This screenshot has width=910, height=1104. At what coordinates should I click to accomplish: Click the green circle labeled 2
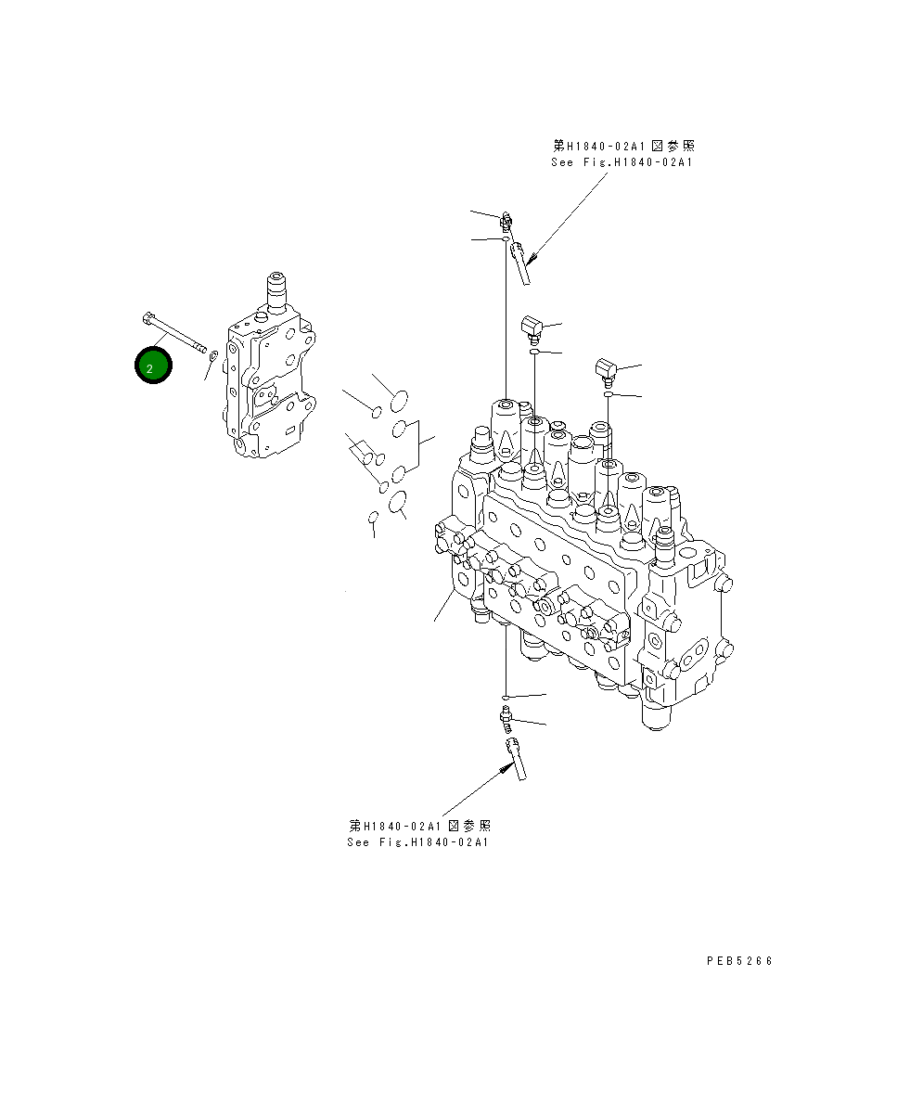(152, 366)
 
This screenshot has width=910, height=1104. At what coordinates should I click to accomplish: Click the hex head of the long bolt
(149, 320)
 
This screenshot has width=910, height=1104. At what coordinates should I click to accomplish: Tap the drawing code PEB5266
(738, 961)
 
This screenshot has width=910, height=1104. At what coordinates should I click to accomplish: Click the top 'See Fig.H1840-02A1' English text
(622, 162)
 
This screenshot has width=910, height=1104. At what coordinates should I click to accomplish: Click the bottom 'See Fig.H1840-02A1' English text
(417, 842)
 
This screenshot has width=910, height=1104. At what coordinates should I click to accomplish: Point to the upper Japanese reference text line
(623, 146)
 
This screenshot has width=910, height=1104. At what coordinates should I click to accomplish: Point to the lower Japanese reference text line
(419, 825)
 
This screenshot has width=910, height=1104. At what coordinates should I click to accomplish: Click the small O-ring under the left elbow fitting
(535, 353)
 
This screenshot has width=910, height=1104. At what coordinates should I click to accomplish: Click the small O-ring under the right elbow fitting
(608, 395)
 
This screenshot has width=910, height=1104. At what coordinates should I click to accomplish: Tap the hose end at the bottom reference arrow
(513, 757)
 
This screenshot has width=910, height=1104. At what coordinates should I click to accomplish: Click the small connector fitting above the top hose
(506, 221)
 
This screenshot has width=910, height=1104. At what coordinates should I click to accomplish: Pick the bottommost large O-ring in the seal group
(399, 503)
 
